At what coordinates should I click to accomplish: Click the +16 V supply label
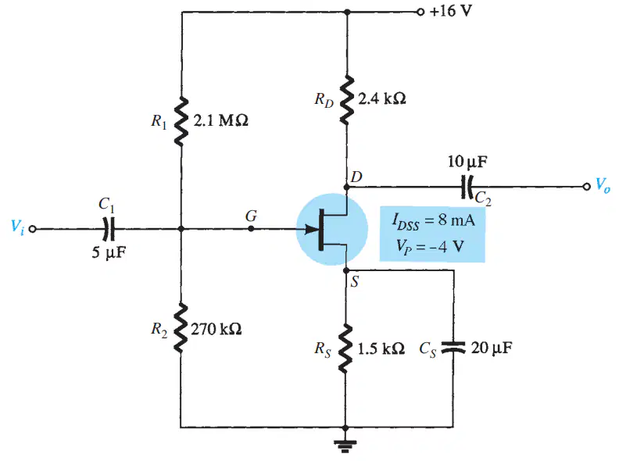[451, 11]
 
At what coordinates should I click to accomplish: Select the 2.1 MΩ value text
[220, 120]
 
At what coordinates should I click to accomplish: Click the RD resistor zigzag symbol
[346, 99]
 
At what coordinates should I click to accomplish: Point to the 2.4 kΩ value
[382, 98]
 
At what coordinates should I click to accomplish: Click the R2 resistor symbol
[181, 327]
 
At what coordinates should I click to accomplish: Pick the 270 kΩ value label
[216, 329]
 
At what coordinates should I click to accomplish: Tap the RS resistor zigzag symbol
[346, 348]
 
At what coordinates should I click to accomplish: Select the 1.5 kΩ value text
[381, 348]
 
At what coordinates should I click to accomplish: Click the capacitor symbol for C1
[109, 229]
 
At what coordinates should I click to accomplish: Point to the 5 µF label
[109, 252]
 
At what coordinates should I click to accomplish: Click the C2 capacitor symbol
[467, 187]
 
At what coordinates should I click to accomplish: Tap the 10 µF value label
[467, 162]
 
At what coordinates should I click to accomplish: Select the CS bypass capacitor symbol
[453, 348]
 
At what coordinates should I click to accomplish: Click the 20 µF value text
[492, 348]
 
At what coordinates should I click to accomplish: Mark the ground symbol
[345, 444]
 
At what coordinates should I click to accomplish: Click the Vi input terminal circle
[33, 229]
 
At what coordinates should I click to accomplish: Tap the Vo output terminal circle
[586, 187]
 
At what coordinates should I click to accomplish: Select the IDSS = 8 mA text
[434, 220]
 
